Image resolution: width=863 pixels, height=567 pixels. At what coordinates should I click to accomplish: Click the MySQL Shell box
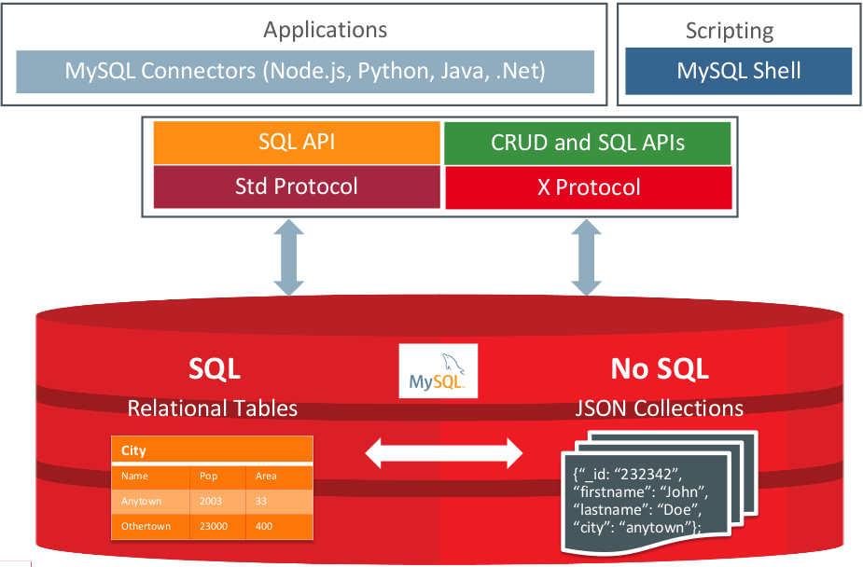tap(738, 71)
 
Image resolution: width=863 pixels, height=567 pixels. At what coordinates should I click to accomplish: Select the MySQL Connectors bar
tap(305, 71)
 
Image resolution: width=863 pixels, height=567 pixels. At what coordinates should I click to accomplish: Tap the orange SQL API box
tap(296, 143)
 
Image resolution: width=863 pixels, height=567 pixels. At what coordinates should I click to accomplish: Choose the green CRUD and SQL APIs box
tap(588, 143)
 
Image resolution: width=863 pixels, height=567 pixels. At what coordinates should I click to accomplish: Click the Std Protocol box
tap(296, 187)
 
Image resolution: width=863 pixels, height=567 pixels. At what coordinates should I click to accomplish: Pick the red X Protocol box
tap(588, 187)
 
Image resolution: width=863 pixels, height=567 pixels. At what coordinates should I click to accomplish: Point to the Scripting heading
tap(730, 31)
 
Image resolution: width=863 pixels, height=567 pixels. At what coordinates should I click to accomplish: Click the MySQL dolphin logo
tap(438, 371)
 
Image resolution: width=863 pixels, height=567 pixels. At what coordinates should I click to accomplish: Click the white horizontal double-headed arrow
tap(443, 454)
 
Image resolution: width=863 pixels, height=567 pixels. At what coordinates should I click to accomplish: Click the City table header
tap(134, 450)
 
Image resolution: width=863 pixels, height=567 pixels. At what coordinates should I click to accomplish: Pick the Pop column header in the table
tap(208, 476)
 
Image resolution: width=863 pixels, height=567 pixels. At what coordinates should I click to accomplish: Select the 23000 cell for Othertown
tap(215, 526)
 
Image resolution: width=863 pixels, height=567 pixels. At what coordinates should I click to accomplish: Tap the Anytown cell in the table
tap(142, 501)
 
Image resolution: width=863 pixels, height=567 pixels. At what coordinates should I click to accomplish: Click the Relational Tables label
tap(213, 408)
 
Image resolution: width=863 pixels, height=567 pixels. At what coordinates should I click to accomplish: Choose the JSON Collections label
tap(659, 408)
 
